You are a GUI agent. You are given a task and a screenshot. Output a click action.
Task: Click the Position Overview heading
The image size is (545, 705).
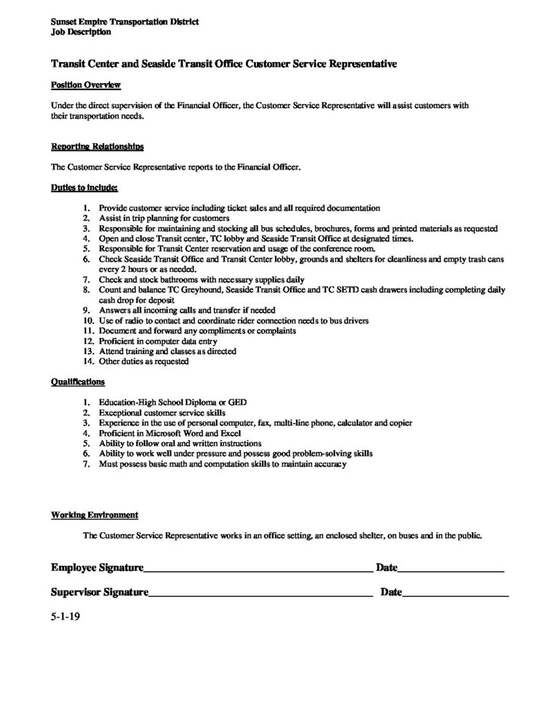[x=86, y=85]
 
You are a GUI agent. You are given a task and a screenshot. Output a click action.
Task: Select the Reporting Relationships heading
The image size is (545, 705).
[x=97, y=147]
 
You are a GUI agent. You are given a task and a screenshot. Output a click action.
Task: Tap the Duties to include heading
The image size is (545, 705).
[x=85, y=187]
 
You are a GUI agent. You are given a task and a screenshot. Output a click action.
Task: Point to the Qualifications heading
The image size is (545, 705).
[x=78, y=381]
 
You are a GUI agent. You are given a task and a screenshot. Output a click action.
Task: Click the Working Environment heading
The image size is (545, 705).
[x=94, y=514]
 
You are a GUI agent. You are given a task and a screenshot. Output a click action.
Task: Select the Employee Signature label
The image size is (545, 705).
[x=97, y=568]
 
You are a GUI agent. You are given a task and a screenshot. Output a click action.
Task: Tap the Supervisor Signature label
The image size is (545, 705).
[x=100, y=592]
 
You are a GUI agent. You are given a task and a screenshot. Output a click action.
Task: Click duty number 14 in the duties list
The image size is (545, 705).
[x=88, y=361]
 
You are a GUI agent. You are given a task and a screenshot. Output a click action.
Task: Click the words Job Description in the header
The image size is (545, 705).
[x=80, y=32]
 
